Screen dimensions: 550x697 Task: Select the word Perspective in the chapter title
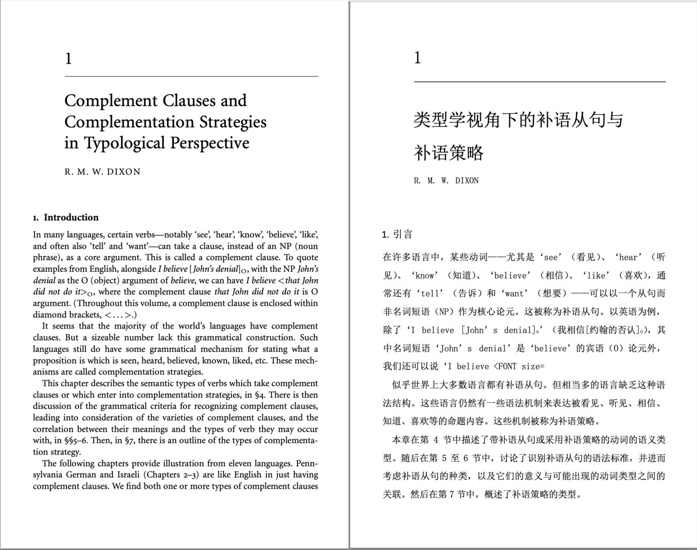(x=210, y=143)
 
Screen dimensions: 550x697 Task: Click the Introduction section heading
(x=71, y=217)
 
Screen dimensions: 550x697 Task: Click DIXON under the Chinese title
(x=467, y=181)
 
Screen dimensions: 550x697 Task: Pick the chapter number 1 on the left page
(x=68, y=59)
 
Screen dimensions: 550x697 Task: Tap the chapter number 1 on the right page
(x=417, y=58)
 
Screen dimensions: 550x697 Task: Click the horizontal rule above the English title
(x=191, y=77)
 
